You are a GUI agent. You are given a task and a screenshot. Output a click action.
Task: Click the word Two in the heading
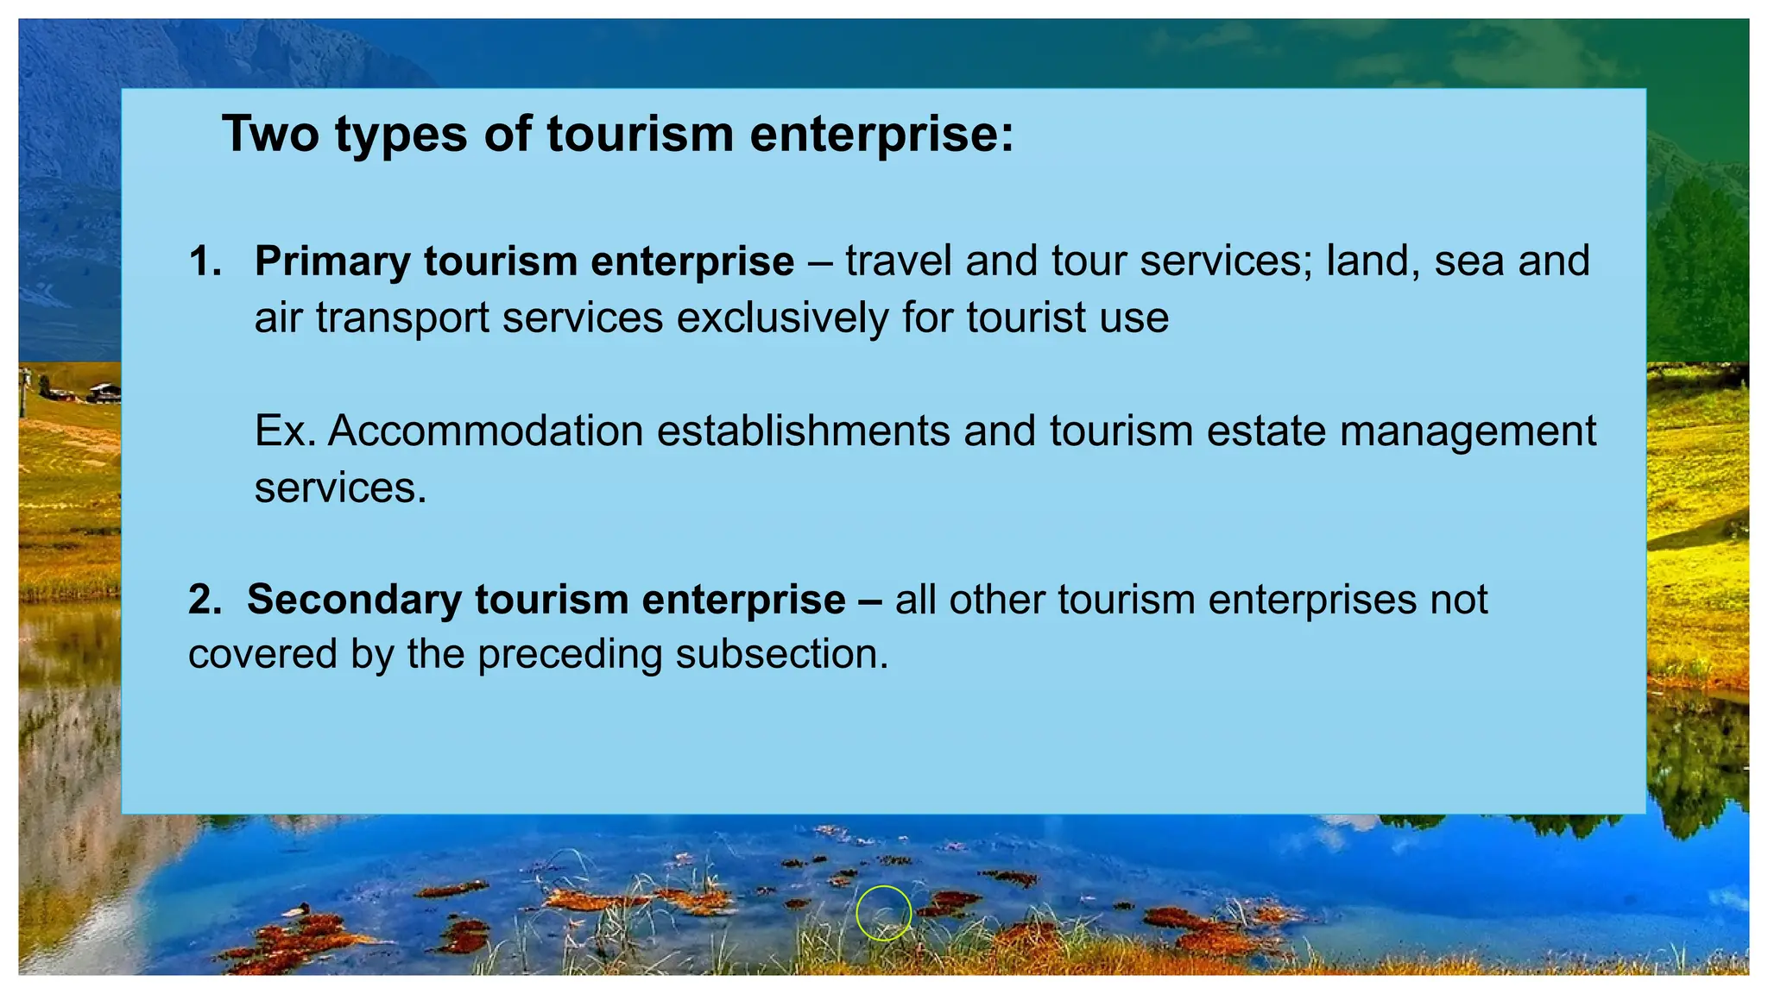[x=270, y=135]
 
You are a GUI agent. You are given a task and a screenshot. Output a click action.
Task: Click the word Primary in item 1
[x=331, y=262]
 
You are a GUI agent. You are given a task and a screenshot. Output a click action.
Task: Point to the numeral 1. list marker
[x=205, y=262]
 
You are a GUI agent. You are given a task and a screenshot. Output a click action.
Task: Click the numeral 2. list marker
[x=205, y=601]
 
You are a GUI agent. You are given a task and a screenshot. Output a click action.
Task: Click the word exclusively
[x=782, y=318]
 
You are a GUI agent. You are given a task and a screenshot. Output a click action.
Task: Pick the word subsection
[x=781, y=654]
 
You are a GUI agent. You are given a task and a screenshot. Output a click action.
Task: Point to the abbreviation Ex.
[x=285, y=431]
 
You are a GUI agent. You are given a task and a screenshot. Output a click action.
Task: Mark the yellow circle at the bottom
[x=883, y=913]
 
